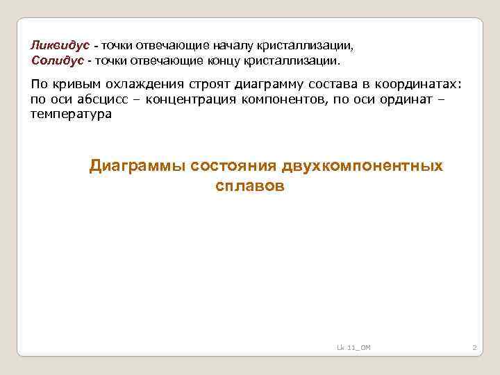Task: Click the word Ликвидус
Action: [60, 45]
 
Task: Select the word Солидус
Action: [57, 60]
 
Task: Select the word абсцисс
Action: [96, 99]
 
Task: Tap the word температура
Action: [71, 114]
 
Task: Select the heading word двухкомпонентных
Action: [362, 167]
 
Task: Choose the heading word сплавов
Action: [250, 186]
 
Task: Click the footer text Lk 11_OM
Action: [353, 347]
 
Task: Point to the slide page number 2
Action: [474, 347]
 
